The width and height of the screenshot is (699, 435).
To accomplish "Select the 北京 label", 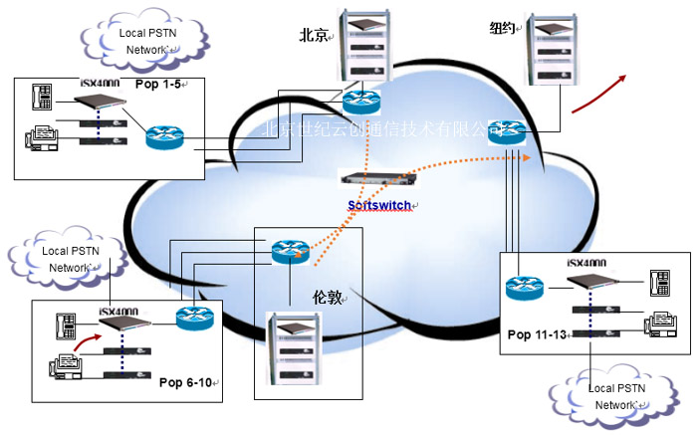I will [317, 35].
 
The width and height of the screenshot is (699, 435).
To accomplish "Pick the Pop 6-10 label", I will [186, 381].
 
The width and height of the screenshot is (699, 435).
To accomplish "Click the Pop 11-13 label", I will [539, 333].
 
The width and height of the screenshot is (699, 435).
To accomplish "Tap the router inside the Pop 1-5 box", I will [165, 136].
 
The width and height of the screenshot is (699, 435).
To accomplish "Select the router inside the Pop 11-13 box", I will [525, 289].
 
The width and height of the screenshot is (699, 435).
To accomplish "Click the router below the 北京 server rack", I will [361, 102].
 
